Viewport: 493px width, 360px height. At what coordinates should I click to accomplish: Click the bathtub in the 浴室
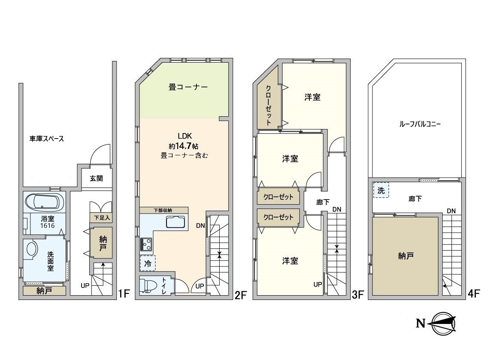tap(45, 202)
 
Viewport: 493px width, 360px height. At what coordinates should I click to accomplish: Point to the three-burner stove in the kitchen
tap(146, 245)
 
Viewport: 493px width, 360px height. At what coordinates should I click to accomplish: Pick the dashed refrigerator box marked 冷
tap(148, 263)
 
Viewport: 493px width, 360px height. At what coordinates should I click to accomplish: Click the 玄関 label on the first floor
tap(96, 178)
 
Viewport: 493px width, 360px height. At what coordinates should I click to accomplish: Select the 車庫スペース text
tap(46, 139)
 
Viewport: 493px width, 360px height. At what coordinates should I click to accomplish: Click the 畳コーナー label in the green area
tap(188, 87)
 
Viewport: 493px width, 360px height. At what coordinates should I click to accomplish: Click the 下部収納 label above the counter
tap(163, 210)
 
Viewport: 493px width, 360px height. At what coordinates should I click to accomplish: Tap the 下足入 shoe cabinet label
tap(102, 218)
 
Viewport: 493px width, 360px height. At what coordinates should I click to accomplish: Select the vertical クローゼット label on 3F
tap(269, 106)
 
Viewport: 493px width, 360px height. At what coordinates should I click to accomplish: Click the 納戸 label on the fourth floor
tap(406, 256)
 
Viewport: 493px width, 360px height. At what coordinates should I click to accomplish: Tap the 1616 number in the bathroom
tap(48, 225)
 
